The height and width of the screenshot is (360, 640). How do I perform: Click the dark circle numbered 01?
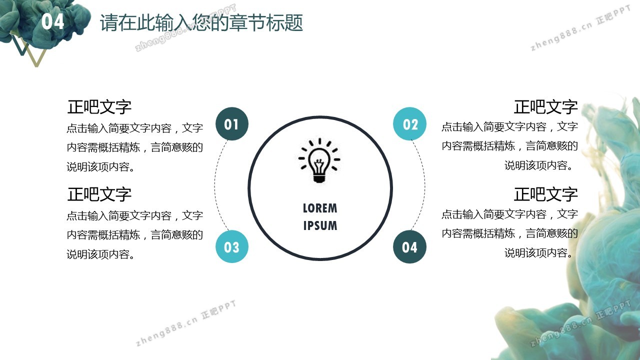[231, 123]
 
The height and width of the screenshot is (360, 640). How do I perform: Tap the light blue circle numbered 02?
[409, 123]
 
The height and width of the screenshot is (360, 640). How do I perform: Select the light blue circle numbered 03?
[231, 246]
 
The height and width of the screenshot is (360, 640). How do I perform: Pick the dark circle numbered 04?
[409, 247]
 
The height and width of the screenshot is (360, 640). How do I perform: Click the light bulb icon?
[319, 160]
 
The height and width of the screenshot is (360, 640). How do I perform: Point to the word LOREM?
[320, 208]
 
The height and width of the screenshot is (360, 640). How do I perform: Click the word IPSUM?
[320, 225]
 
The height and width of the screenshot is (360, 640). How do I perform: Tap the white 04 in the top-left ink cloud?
[52, 21]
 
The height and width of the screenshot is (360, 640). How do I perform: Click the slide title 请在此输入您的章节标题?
[201, 22]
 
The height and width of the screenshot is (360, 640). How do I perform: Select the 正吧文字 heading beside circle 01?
[99, 107]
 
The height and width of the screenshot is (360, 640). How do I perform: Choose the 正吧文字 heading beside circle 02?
[545, 107]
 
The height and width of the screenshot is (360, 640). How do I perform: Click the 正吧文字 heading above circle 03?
[99, 194]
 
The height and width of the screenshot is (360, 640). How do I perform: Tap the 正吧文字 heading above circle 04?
[545, 194]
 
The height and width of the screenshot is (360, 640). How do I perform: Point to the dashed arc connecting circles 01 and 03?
[215, 185]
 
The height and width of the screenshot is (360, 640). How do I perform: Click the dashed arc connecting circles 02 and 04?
[425, 185]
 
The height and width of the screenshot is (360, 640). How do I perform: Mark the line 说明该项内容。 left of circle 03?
[100, 254]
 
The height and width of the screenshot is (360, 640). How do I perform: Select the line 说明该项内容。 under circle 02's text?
[539, 165]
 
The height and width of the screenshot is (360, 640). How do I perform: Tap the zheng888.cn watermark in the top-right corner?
[580, 28]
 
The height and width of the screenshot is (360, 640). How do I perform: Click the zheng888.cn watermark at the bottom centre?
[185, 323]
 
